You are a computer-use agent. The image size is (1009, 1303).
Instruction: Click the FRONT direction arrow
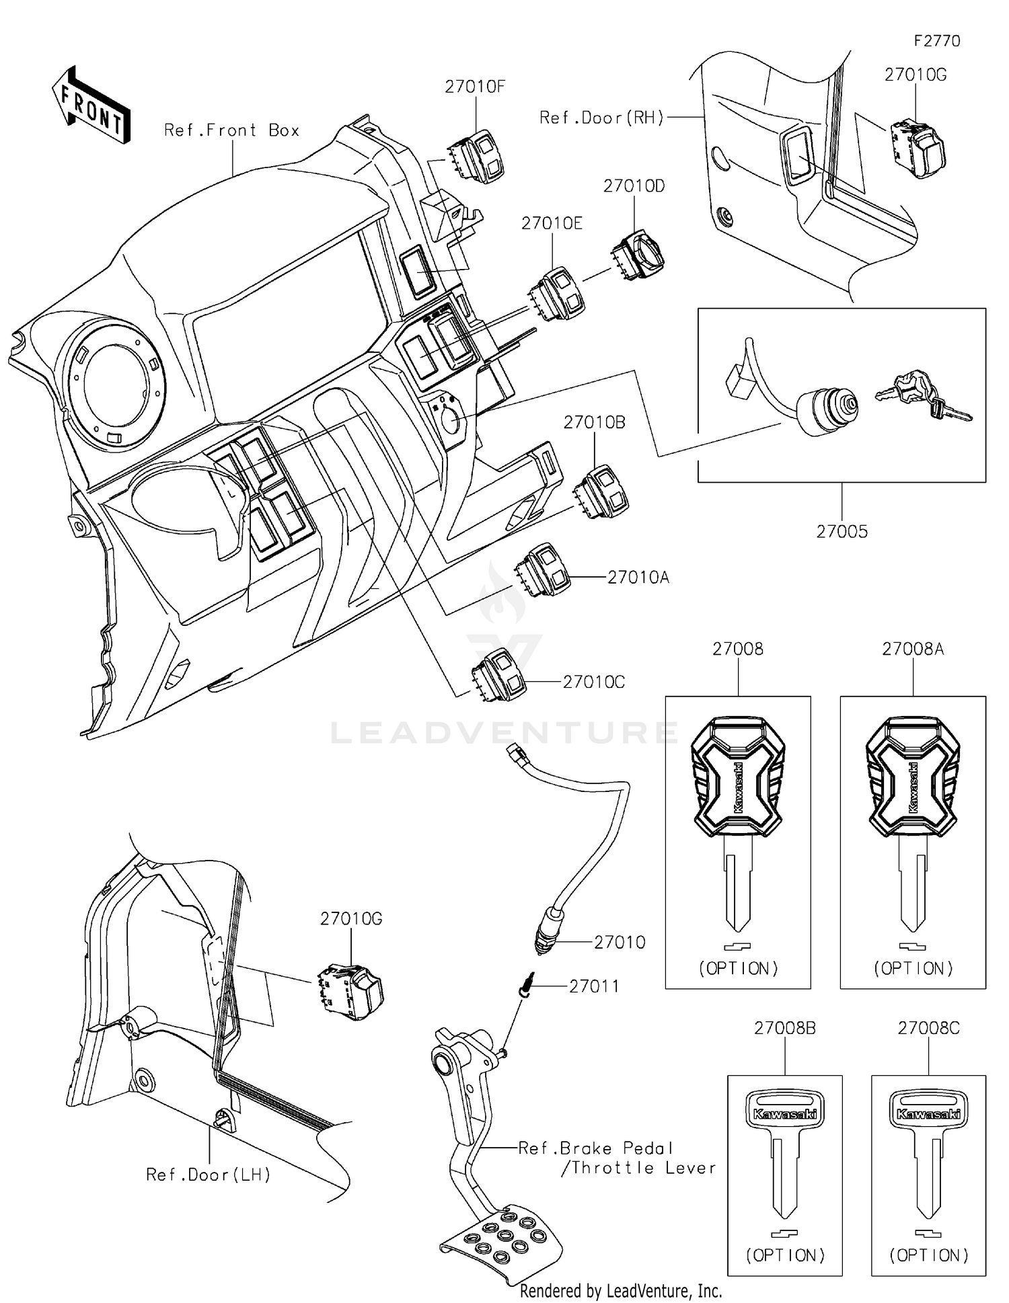click(x=91, y=106)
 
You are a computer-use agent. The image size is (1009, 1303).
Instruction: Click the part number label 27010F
click(x=474, y=87)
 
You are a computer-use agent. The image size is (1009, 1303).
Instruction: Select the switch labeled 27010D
click(x=638, y=256)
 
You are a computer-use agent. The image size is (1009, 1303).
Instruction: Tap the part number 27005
click(x=842, y=532)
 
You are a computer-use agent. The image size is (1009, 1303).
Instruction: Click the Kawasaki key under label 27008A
click(x=913, y=820)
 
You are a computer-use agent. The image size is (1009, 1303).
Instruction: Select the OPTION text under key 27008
click(x=738, y=968)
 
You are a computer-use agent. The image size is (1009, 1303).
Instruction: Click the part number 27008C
click(x=928, y=1028)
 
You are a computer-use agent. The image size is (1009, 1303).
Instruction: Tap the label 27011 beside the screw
click(x=594, y=986)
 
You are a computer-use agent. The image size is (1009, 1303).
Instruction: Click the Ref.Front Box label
click(x=231, y=130)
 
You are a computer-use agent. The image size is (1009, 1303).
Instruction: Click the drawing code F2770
click(x=936, y=41)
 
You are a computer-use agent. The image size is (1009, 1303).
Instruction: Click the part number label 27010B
click(x=594, y=422)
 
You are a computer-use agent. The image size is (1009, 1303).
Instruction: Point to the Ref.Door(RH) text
click(x=601, y=118)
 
